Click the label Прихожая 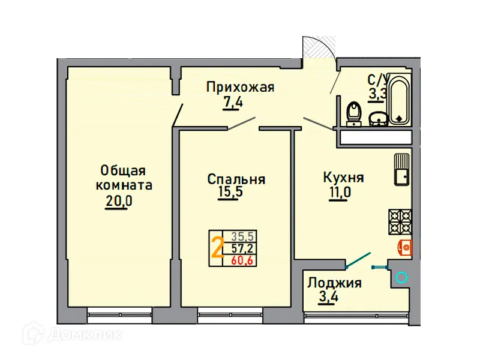pyautogui.click(x=240, y=88)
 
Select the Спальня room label pyautogui.click(x=236, y=179)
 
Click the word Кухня pyautogui.click(x=343, y=178)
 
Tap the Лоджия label pyautogui.click(x=334, y=282)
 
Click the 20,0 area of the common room pyautogui.click(x=118, y=201)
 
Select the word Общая pyautogui.click(x=123, y=171)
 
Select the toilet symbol pyautogui.click(x=354, y=113)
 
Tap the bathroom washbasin pyautogui.click(x=377, y=118)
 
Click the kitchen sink pyautogui.click(x=401, y=170)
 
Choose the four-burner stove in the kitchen pyautogui.click(x=400, y=221)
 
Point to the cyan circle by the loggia pyautogui.click(x=401, y=277)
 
